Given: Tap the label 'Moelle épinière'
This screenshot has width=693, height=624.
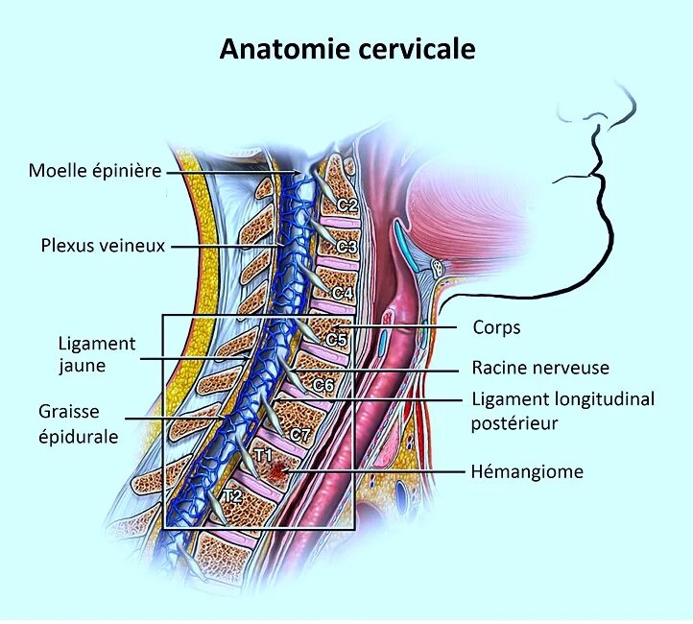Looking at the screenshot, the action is coord(94,171).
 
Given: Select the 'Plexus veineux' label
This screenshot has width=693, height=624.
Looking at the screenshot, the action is coord(103,246).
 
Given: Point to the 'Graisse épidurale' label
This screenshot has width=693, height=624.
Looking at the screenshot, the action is coord(79,423).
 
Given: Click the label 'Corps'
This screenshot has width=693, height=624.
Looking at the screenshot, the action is coord(496,327).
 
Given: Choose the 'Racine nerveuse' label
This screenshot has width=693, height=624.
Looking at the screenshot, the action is coord(540,368).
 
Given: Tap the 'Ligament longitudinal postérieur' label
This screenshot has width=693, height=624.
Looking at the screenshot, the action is coord(562,410).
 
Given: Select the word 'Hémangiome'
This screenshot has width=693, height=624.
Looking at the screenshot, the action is coord(527,471).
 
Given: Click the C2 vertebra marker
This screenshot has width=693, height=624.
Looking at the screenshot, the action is coord(347,204).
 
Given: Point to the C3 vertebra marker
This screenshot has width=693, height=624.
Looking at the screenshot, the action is coord(346,247).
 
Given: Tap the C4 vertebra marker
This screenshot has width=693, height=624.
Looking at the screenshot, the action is coord(342,291).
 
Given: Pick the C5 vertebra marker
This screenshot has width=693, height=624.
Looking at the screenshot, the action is coord(337,339).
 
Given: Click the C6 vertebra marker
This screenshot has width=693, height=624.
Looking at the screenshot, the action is coord(323,385).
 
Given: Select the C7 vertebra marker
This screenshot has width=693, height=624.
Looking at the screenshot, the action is coord(300,435).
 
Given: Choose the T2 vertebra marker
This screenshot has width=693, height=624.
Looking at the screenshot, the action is coord(231,496).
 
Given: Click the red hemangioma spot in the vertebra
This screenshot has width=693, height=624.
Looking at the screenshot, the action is coord(279,470).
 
